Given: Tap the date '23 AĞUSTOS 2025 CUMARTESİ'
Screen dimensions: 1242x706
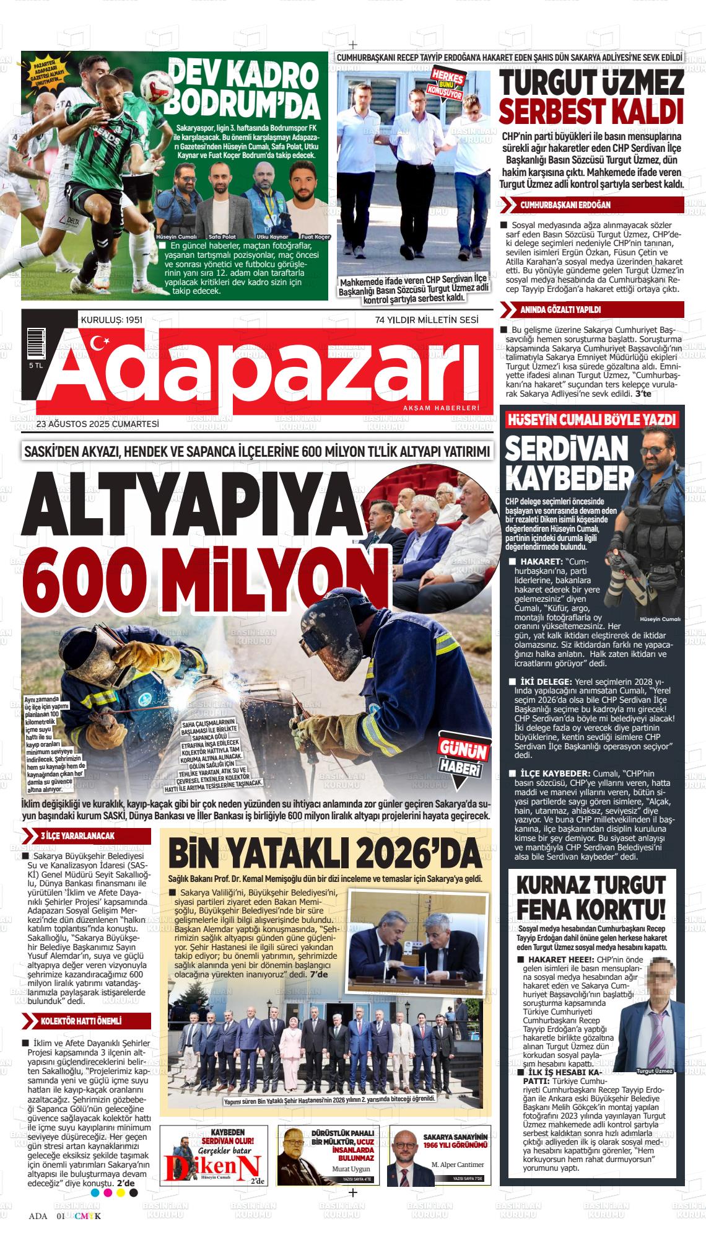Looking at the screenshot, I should coord(98,425).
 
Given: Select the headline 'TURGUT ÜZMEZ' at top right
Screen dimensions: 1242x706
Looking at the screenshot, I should coord(591,82).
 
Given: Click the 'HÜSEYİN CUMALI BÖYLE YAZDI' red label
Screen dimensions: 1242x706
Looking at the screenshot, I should coord(591,420).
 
